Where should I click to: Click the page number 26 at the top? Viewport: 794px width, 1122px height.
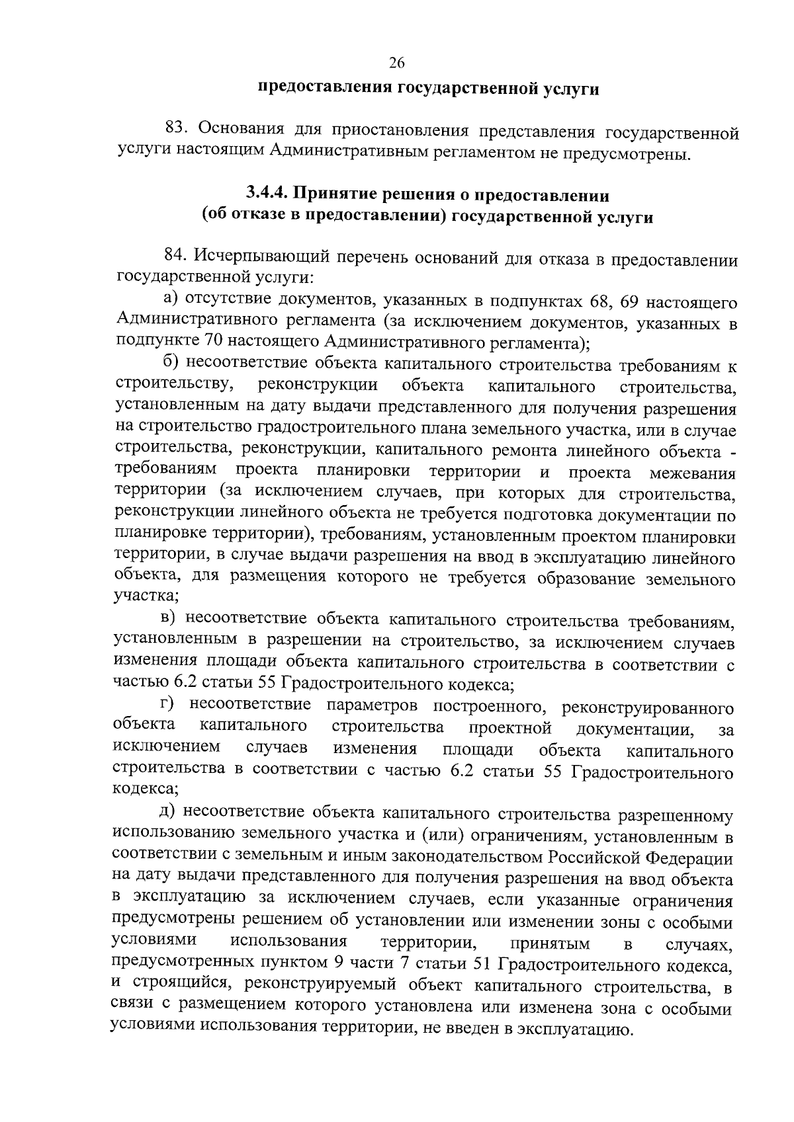396,63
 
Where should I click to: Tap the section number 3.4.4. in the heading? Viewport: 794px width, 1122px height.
267,194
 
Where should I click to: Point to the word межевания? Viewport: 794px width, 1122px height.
693,473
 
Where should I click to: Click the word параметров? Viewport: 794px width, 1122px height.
362,707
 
